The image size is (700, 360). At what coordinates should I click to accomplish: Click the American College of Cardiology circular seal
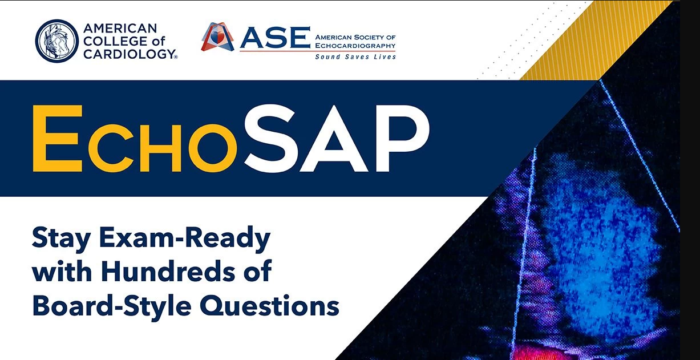click(x=56, y=41)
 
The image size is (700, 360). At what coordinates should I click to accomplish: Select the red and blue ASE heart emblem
click(x=217, y=37)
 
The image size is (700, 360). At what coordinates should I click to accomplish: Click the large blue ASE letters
click(x=275, y=38)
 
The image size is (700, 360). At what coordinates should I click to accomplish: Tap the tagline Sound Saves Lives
click(x=355, y=57)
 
